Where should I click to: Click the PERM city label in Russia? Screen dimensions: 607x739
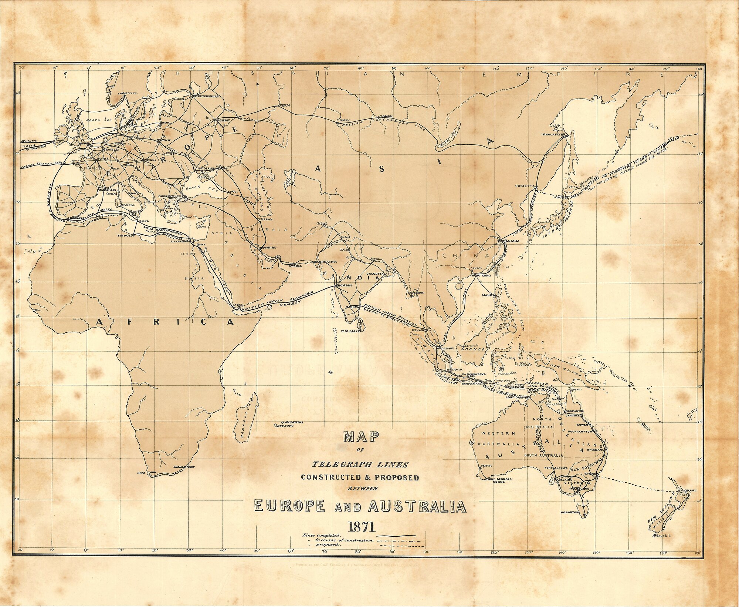click(x=285, y=105)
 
